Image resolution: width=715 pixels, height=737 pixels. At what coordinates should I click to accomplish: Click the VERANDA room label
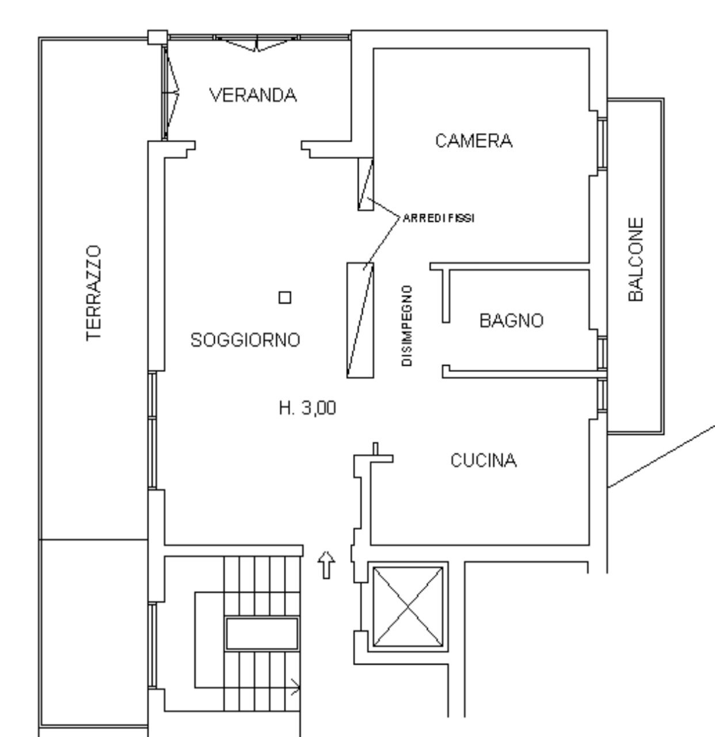coord(253,94)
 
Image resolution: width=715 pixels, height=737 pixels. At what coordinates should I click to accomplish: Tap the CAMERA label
coord(474,141)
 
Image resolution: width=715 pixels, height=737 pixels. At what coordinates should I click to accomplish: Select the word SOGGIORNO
coord(245,340)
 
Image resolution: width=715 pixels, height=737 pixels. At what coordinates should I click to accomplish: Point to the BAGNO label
coord(511,320)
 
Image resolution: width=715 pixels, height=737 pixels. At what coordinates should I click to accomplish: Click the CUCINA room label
coord(484,461)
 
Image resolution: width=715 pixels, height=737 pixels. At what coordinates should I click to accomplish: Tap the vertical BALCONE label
coord(636,260)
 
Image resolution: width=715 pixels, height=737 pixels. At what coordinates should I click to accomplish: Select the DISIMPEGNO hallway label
coord(407,326)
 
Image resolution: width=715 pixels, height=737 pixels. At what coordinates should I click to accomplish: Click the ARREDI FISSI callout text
coord(439,218)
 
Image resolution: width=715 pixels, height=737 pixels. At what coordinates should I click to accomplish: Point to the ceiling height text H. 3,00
coord(307,408)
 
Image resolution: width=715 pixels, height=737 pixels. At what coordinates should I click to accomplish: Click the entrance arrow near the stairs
coord(326,565)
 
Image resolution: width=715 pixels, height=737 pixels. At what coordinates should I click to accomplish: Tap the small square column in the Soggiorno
coord(285,297)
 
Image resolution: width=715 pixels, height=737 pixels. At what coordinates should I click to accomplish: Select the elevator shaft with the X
coord(408,607)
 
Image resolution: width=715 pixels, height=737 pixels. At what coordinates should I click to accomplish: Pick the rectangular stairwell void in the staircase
coord(261,633)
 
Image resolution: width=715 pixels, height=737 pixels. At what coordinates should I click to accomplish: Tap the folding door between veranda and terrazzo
coord(170,92)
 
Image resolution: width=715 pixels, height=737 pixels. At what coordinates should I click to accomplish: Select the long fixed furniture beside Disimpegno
coord(360,320)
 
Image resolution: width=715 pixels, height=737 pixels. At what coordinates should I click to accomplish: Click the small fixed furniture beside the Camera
coord(366,184)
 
